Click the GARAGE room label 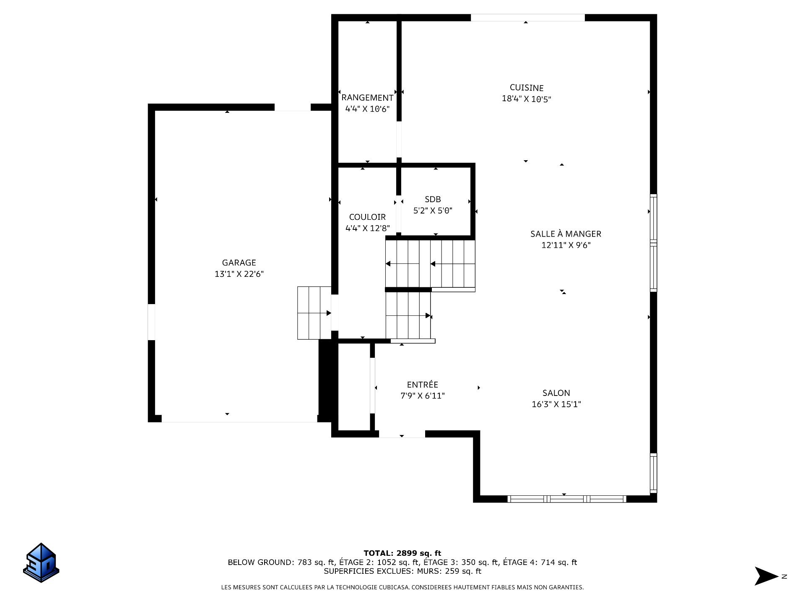point(239,263)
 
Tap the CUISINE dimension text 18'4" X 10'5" point(526,99)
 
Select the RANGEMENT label point(367,98)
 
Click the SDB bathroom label point(433,199)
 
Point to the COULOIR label point(367,217)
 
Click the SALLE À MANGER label point(566,234)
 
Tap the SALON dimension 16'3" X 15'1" point(556,404)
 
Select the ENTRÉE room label point(422,385)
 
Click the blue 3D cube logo point(41,563)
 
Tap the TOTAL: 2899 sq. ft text point(402,553)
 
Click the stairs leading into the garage point(314,313)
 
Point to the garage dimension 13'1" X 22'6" point(239,274)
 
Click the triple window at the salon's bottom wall point(566,499)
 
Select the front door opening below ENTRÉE point(402,435)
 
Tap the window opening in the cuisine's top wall point(527,18)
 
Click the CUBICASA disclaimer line point(402,588)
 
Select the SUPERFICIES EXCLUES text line point(402,571)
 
